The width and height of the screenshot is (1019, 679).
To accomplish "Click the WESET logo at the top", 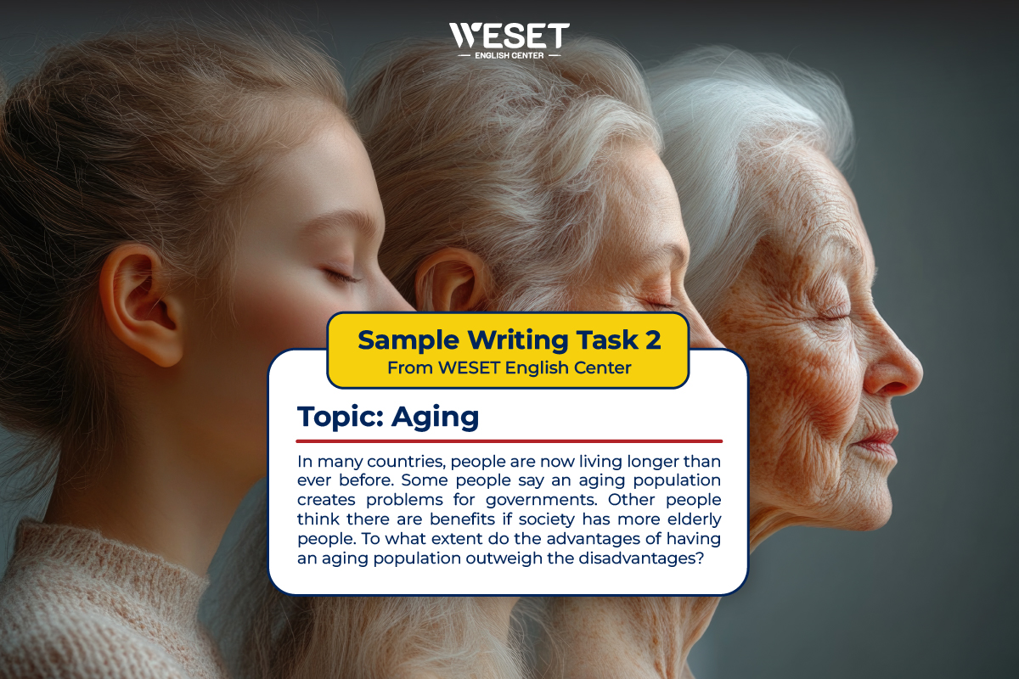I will coord(509,36).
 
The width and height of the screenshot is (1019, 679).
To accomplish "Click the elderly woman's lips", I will coord(875,441).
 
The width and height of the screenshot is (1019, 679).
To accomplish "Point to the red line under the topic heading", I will coord(509,441).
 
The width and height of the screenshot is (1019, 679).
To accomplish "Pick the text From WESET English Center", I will coord(508,368).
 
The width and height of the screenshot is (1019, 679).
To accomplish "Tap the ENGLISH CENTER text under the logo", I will coord(509,56).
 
